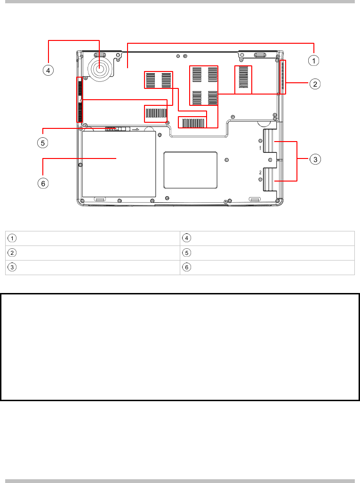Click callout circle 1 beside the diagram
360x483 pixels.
pyautogui.click(x=314, y=60)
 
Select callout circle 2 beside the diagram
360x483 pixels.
pyautogui.click(x=315, y=84)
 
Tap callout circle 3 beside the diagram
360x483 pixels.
pyautogui.click(x=315, y=159)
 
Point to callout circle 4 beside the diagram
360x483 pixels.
pyautogui.click(x=48, y=70)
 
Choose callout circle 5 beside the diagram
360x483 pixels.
pyautogui.click(x=43, y=143)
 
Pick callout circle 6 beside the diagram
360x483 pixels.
pyautogui.click(x=43, y=183)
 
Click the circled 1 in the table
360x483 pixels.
pyautogui.click(x=12, y=238)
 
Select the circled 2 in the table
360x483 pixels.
pyautogui.click(x=12, y=253)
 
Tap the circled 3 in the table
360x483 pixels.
pyautogui.click(x=12, y=267)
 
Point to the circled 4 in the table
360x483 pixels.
pyautogui.click(x=186, y=238)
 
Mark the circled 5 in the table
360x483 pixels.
pyautogui.click(x=186, y=253)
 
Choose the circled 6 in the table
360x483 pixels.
pyautogui.click(x=186, y=267)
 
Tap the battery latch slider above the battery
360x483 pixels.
pyautogui.click(x=117, y=129)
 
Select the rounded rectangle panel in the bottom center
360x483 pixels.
pyautogui.click(x=190, y=170)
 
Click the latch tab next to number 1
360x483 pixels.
pyautogui.click(x=269, y=141)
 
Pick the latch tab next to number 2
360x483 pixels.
pyautogui.click(x=269, y=180)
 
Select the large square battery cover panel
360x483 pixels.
pyautogui.click(x=119, y=164)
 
